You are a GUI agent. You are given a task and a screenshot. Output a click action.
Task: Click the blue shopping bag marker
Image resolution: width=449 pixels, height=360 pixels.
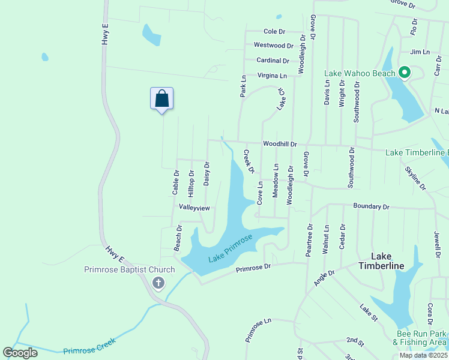pyautogui.click(x=162, y=98)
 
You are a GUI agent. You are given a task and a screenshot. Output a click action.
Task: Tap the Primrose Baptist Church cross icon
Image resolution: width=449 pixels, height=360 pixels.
pyautogui.click(x=158, y=283)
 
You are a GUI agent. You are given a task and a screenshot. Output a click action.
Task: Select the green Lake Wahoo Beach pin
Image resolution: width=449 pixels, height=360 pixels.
pyautogui.click(x=404, y=73)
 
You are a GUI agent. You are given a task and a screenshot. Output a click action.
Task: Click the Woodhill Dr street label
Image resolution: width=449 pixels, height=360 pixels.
pyautogui.click(x=280, y=144)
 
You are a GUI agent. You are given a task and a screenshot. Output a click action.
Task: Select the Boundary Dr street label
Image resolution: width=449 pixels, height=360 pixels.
pyautogui.click(x=371, y=206)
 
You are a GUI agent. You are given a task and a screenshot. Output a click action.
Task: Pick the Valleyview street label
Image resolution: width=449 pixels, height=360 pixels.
pyautogui.click(x=194, y=208)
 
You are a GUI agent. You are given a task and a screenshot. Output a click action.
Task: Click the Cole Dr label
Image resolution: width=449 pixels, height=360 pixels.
pyautogui.click(x=274, y=31)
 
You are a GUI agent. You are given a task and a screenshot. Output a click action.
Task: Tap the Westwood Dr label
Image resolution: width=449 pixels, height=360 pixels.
pyautogui.click(x=273, y=45)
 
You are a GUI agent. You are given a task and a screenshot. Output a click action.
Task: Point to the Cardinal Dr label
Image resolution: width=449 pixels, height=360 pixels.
pyautogui.click(x=273, y=60)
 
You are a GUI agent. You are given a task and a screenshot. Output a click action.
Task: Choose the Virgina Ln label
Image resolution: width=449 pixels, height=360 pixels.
pyautogui.click(x=272, y=76)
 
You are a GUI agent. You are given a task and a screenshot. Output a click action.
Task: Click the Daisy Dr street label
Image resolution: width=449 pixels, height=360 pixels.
pyautogui.click(x=206, y=173)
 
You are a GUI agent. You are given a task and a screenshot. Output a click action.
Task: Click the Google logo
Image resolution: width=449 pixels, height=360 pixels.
pyautogui.click(x=20, y=352)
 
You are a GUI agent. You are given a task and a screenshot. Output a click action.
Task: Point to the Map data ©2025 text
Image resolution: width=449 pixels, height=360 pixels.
pyautogui.click(x=423, y=355)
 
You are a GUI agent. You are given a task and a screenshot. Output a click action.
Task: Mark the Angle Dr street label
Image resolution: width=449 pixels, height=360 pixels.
pyautogui.click(x=324, y=277)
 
